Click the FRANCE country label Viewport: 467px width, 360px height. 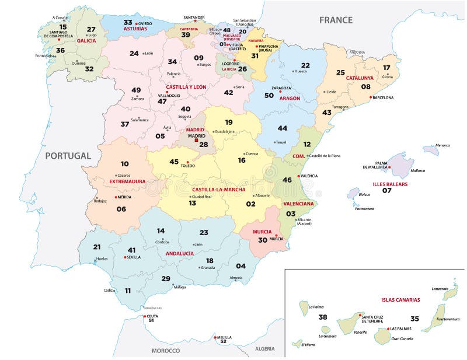pyautogui.click(x=335, y=20)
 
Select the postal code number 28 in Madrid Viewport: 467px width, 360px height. pyautogui.click(x=203, y=144)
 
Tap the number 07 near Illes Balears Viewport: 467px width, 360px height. pyautogui.click(x=387, y=191)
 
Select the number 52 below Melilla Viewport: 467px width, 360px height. pyautogui.click(x=222, y=342)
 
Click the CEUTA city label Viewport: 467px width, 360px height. pyautogui.click(x=152, y=316)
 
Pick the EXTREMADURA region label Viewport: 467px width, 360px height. pyautogui.click(x=127, y=181)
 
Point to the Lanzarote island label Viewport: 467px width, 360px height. pyautogui.click(x=440, y=288)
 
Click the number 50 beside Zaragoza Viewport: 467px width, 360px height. pyautogui.click(x=269, y=95)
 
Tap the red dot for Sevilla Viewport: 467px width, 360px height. pyautogui.click(x=125, y=257)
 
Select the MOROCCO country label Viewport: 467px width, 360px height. pyautogui.click(x=166, y=351)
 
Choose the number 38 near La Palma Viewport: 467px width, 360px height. pyautogui.click(x=323, y=318)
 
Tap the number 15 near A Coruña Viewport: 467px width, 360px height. pyautogui.click(x=63, y=27)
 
